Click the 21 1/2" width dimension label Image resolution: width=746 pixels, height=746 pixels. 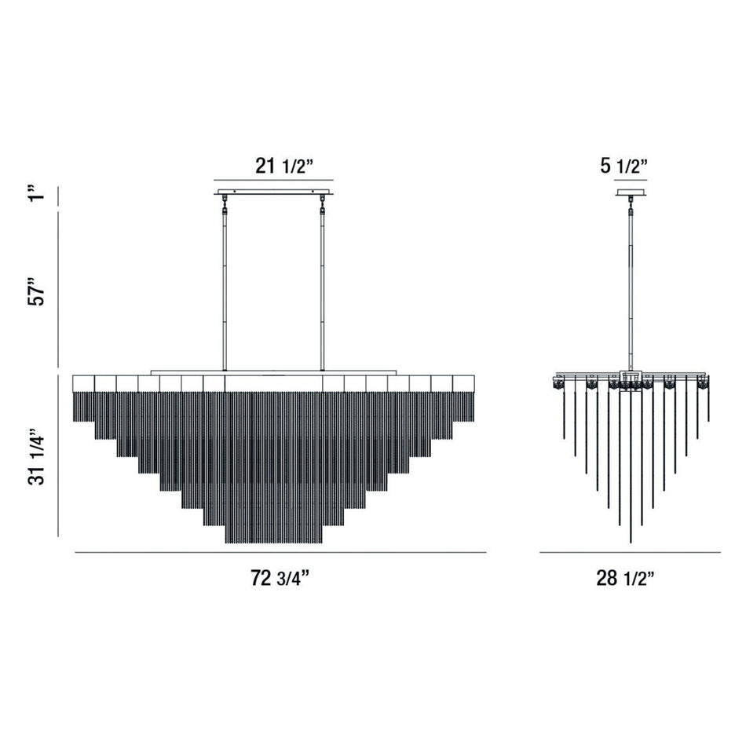click(x=284, y=166)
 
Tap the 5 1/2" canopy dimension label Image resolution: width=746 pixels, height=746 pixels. click(x=624, y=166)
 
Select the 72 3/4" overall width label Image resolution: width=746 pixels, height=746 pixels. click(x=280, y=578)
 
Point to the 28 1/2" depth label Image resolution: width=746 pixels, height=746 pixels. click(x=626, y=578)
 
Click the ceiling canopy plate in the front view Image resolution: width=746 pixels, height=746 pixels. click(x=273, y=192)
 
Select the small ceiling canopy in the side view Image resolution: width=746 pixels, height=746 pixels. click(x=631, y=192)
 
